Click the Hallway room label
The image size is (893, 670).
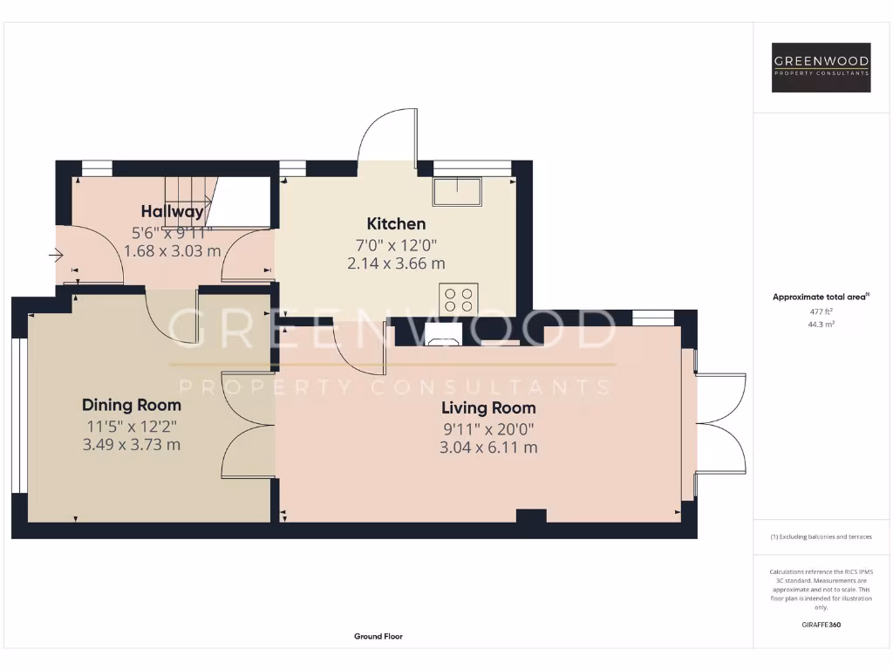point(172,211)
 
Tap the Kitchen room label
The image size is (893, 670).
point(396,224)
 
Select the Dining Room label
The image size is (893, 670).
point(132,405)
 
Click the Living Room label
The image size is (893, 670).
point(488,407)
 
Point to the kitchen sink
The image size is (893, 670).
point(458,191)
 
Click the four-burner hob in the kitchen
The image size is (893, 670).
point(458,299)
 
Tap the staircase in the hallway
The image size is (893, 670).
point(190,199)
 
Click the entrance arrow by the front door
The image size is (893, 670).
point(56,256)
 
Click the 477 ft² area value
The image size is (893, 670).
point(821,311)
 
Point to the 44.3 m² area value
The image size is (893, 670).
point(821,324)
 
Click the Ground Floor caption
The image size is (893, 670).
point(378,637)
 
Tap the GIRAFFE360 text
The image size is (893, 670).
point(821,625)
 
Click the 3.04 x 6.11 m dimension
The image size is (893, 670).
point(488,448)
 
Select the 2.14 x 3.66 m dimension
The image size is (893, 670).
point(396,263)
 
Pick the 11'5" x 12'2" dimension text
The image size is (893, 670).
point(132,427)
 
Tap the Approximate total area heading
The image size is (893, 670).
point(821,297)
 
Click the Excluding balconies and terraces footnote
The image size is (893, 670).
point(821,537)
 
